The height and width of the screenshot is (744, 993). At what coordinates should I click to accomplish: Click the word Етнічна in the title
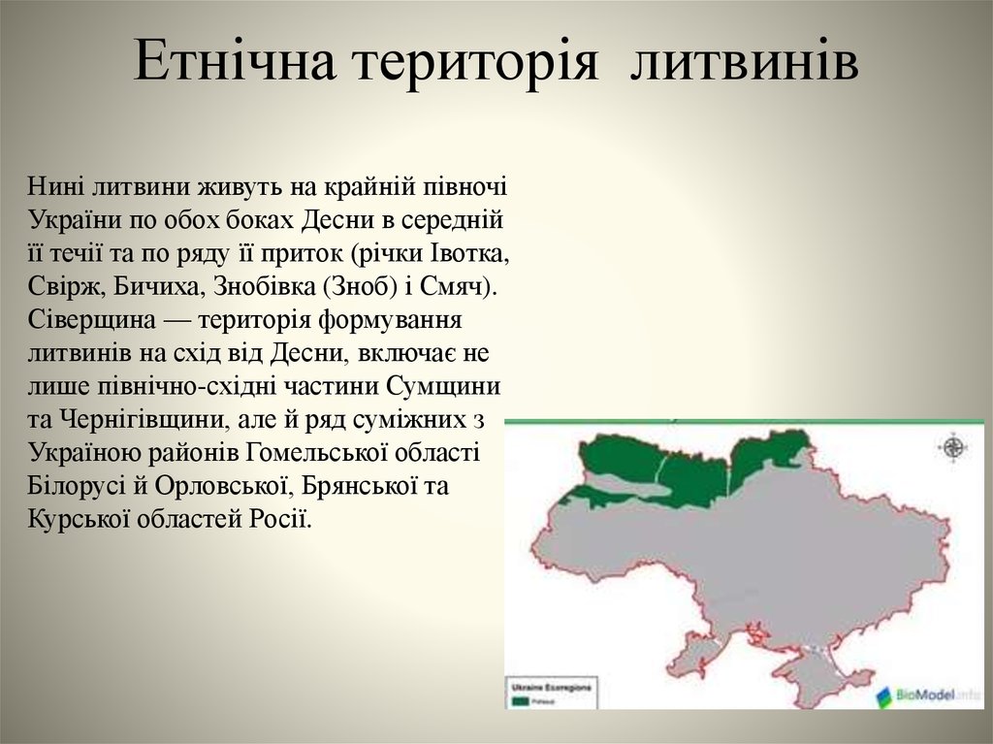(x=235, y=61)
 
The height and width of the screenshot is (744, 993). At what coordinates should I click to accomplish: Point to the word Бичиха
(x=154, y=287)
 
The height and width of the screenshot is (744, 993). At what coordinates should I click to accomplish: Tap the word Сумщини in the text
(x=442, y=386)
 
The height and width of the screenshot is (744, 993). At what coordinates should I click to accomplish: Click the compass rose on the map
(x=952, y=447)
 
